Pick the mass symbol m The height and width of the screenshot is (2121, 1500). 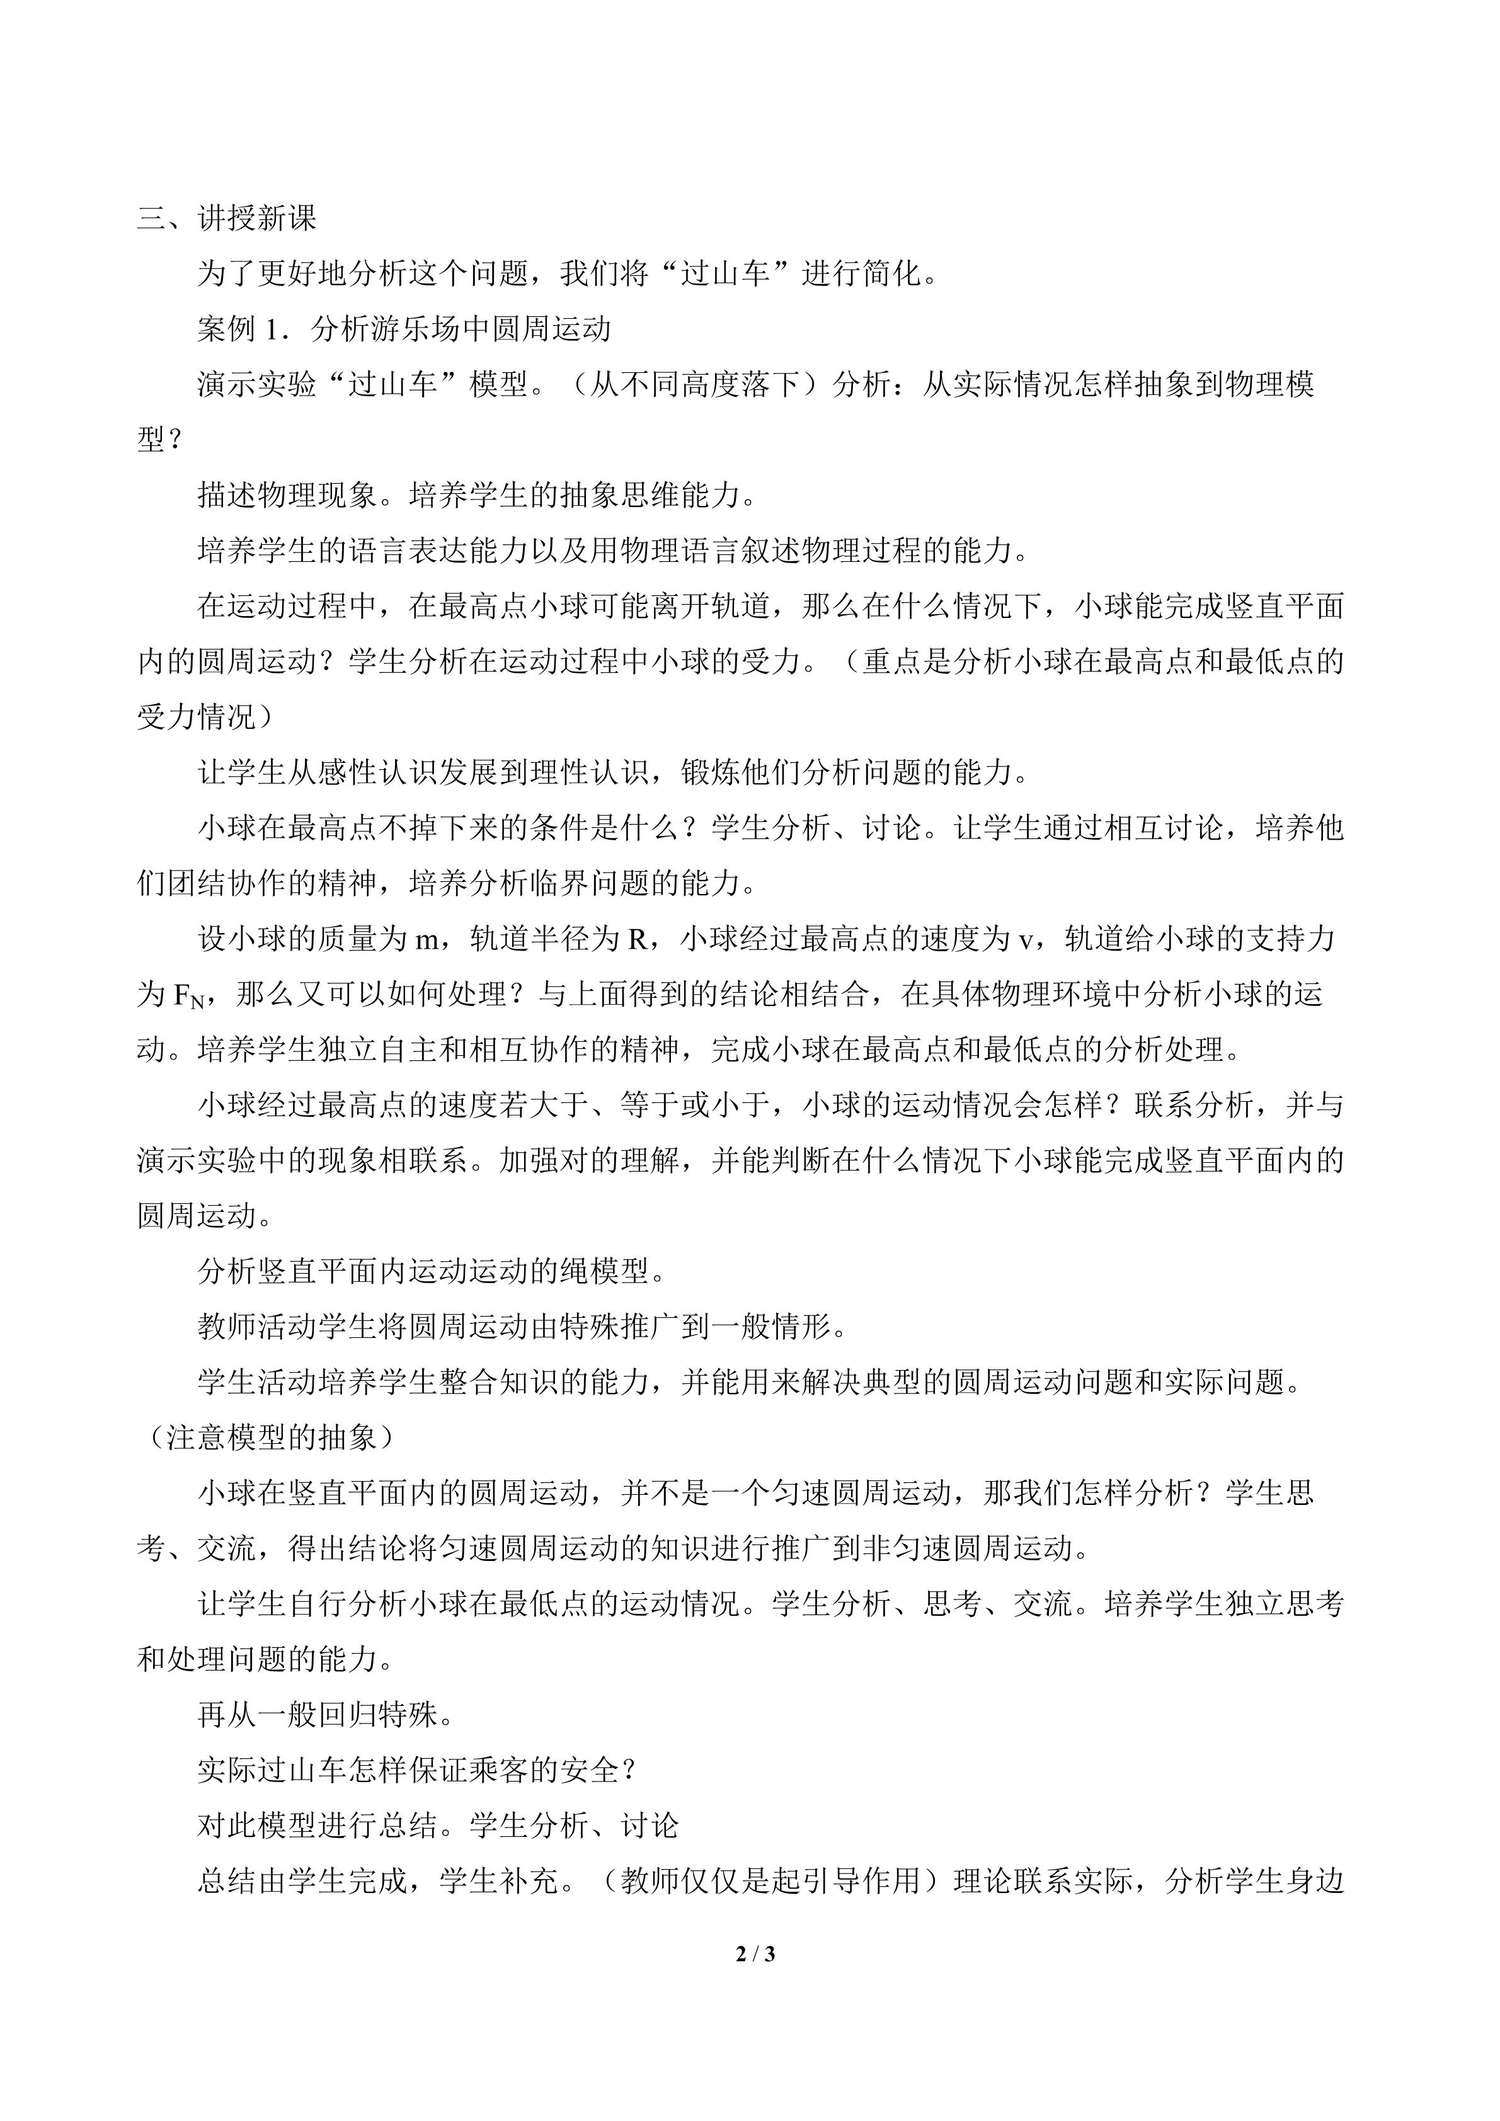point(425,940)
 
